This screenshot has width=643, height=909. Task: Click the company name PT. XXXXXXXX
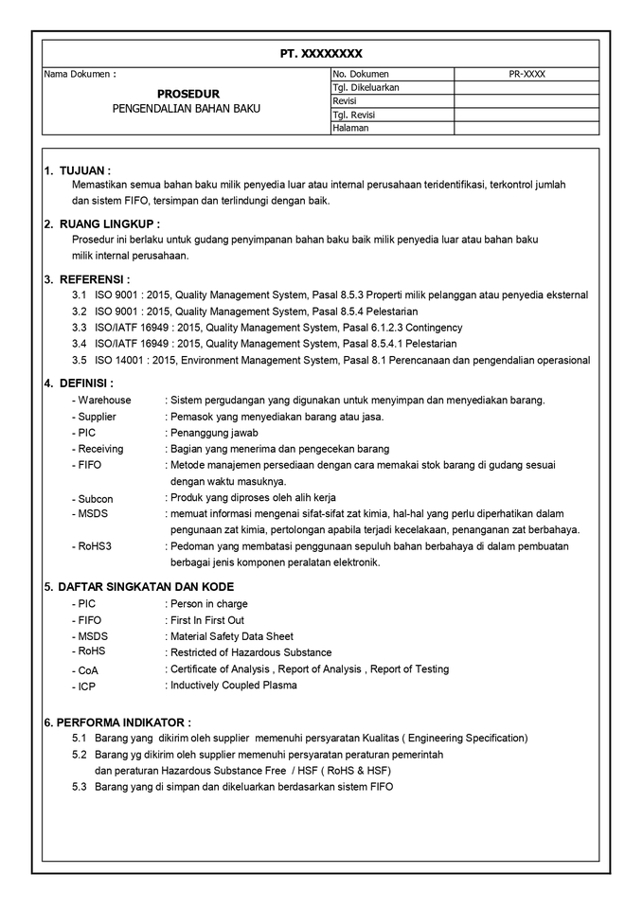pyautogui.click(x=321, y=54)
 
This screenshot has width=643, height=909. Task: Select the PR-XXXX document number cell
pyautogui.click(x=527, y=74)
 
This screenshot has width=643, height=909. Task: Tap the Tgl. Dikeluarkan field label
pyautogui.click(x=366, y=87)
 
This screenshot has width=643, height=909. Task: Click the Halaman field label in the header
pyautogui.click(x=350, y=128)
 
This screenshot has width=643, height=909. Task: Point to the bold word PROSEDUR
pyautogui.click(x=188, y=94)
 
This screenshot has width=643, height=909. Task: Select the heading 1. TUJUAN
pyautogui.click(x=84, y=170)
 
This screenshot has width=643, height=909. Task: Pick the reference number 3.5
pyautogui.click(x=80, y=360)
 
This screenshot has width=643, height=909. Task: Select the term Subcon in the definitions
pyautogui.click(x=95, y=498)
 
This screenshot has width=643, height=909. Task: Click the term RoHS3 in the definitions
pyautogui.click(x=95, y=546)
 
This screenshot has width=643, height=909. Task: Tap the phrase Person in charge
pyautogui.click(x=208, y=603)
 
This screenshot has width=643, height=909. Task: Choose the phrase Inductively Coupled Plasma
pyautogui.click(x=233, y=685)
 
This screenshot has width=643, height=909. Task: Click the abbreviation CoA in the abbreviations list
pyautogui.click(x=88, y=669)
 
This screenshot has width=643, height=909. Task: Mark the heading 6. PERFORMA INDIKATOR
pyautogui.click(x=117, y=722)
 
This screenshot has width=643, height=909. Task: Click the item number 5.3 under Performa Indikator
pyautogui.click(x=80, y=787)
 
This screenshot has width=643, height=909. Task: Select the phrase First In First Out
pyautogui.click(x=206, y=620)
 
